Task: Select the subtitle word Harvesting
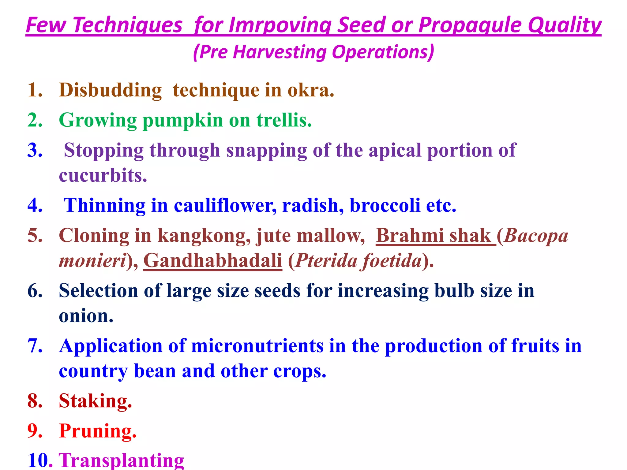(280, 52)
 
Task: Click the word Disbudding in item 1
(110, 90)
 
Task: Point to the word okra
(310, 90)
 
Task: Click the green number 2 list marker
(35, 120)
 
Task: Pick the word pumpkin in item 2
(183, 121)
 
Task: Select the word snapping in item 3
(266, 151)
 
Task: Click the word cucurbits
(103, 176)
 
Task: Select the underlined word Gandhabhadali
(212, 261)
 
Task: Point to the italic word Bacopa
(536, 236)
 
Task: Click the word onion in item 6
(86, 316)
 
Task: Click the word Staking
(95, 401)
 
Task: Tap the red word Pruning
(98, 431)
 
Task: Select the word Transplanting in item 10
(121, 460)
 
